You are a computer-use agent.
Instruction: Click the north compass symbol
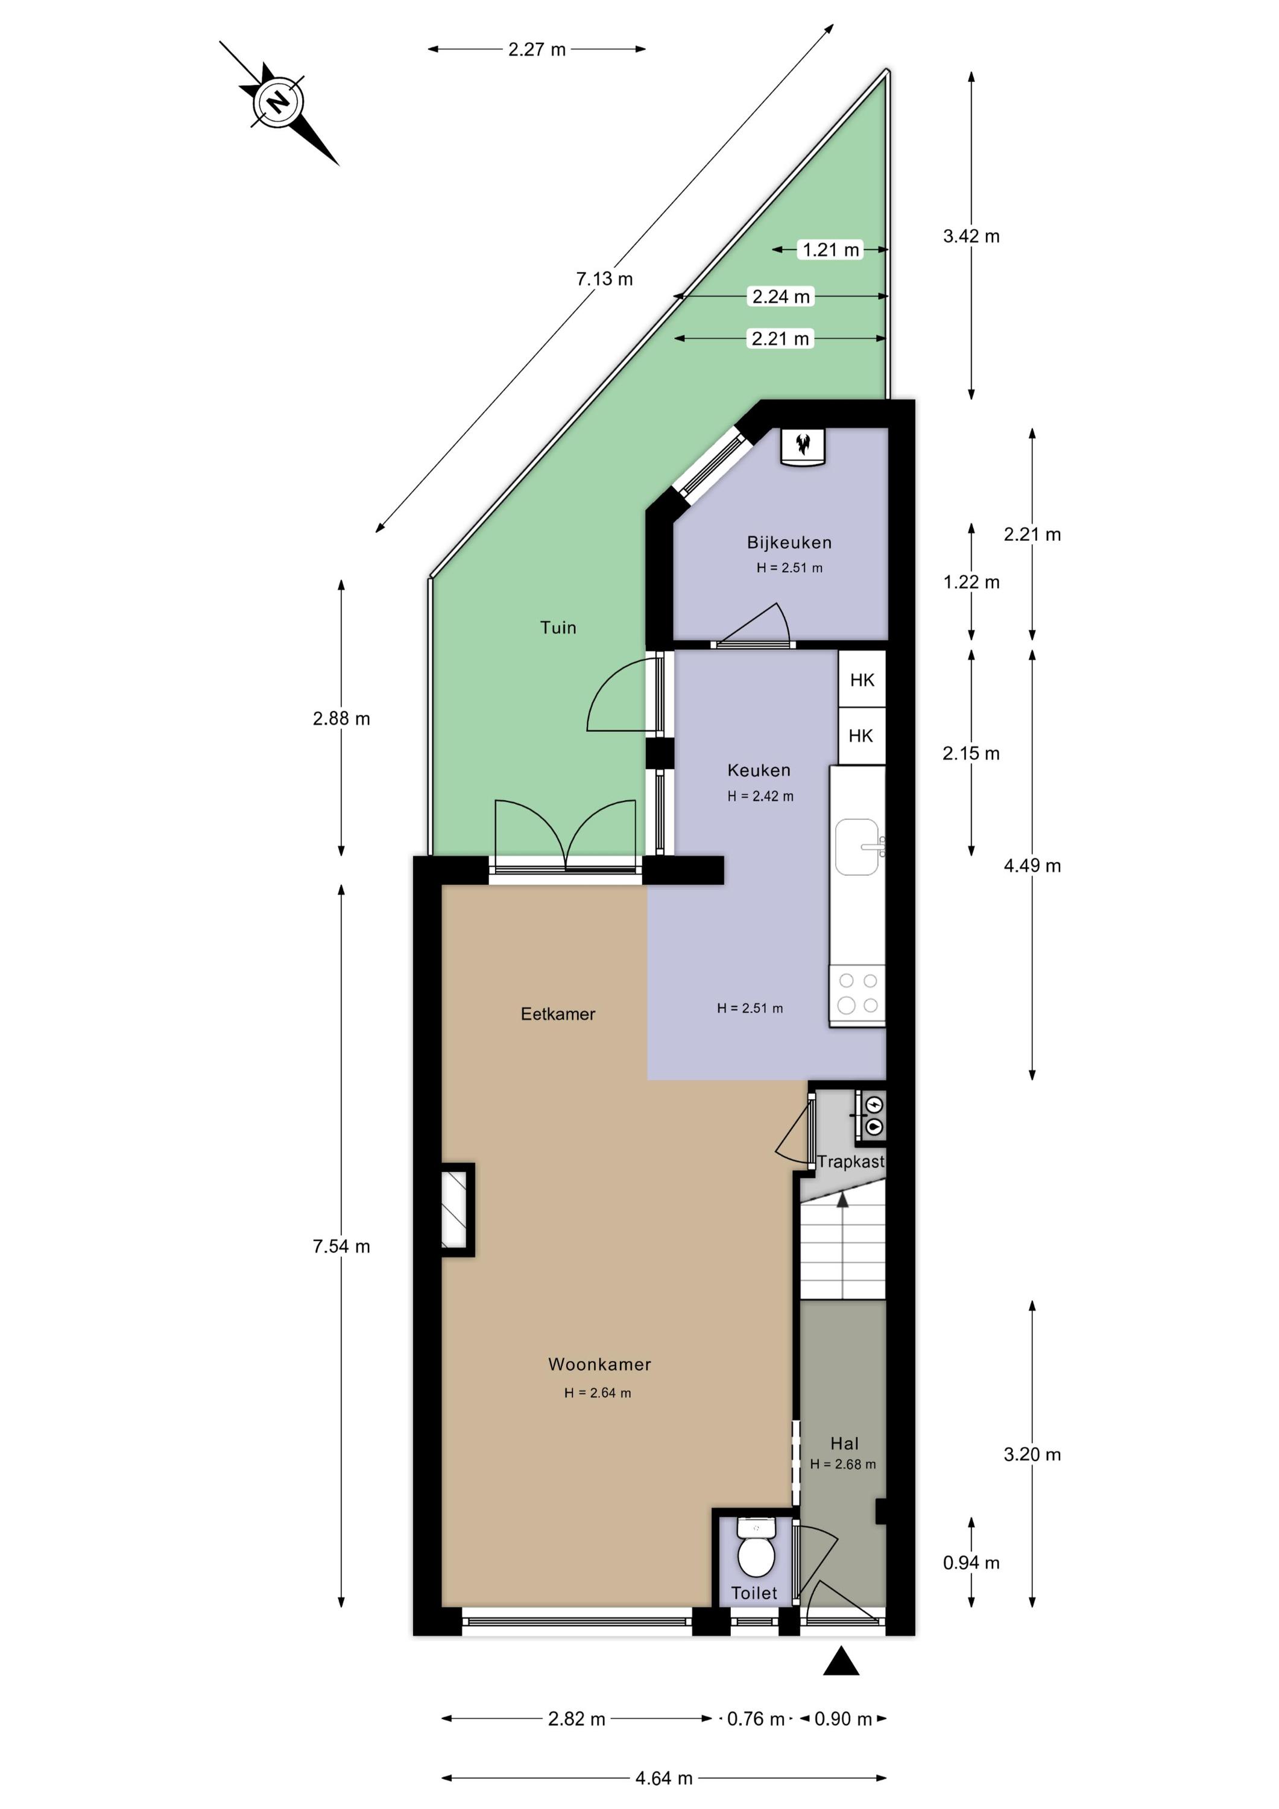coord(278,103)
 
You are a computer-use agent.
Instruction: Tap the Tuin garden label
coord(558,628)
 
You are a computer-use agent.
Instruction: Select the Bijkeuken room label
coord(789,542)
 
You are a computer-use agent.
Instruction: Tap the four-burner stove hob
coord(857,994)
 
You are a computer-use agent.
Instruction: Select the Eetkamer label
coord(558,1014)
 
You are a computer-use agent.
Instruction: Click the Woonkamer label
coord(600,1364)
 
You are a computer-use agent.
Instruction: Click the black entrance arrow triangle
coord(841,1661)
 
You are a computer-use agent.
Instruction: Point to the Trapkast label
coord(850,1161)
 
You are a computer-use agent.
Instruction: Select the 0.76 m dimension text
coord(756,1719)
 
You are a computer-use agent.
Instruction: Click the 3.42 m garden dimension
coord(971,236)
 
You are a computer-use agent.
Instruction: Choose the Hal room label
coord(844,1444)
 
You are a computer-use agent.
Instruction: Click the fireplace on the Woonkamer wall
coord(456,1210)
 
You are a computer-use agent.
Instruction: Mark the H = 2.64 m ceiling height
coord(598,1393)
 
